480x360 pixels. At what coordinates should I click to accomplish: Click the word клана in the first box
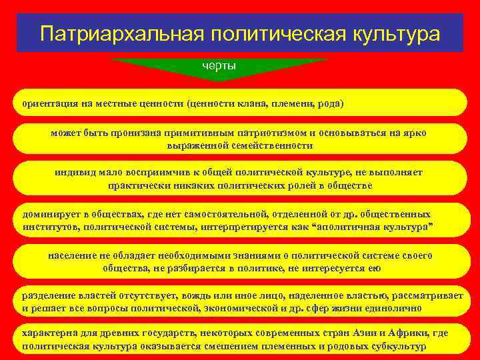(252, 104)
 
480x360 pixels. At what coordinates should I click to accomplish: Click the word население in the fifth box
(73, 256)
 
